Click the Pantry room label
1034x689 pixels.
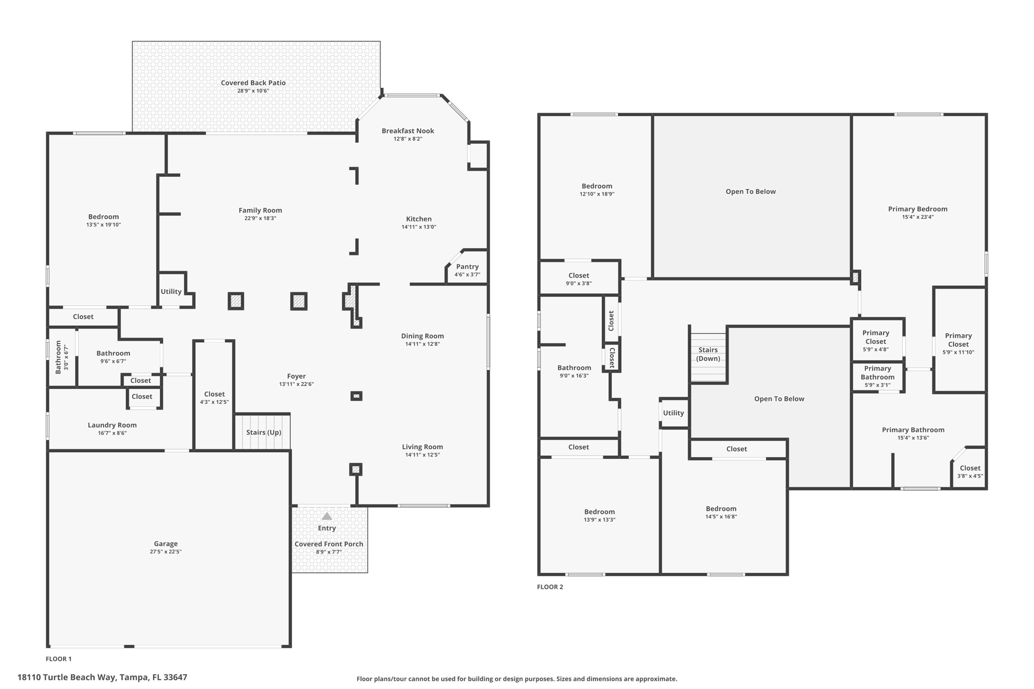tap(467, 267)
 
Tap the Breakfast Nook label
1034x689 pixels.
tap(408, 131)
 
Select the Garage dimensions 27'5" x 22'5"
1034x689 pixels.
tap(166, 552)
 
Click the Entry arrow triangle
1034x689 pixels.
tap(327, 516)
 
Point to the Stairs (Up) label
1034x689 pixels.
tap(264, 432)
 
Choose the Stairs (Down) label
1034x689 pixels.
tap(708, 354)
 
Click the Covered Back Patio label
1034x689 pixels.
tap(253, 83)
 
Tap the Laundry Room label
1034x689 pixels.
tap(112, 425)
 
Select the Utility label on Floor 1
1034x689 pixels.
tap(171, 291)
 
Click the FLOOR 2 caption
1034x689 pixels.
tap(550, 587)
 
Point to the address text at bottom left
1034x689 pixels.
tap(102, 677)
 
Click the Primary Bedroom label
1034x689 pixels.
tap(917, 209)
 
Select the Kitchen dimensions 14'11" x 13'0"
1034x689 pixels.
tap(419, 227)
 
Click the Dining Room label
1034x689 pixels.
tap(423, 336)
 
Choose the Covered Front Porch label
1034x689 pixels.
tap(329, 544)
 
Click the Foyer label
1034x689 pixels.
tap(296, 376)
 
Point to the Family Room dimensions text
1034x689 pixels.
tap(260, 219)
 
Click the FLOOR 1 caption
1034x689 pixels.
tap(59, 659)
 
